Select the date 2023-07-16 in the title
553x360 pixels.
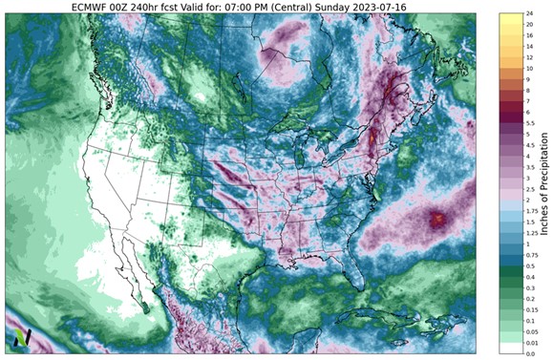407,7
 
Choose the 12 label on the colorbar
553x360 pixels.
528,55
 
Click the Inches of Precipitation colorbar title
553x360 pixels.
545,181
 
